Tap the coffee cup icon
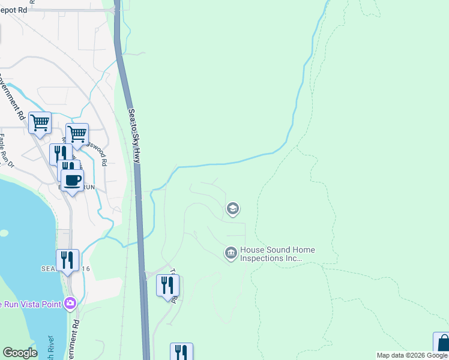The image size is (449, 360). point(72,179)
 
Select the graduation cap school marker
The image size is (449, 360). point(232,209)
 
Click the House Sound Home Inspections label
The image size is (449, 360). point(277,254)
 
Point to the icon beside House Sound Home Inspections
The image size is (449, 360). point(231,254)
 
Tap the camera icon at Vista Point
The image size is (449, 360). point(71,303)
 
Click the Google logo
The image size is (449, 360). point(20,353)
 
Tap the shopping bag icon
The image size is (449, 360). point(442,343)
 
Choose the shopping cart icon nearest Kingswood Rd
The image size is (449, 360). point(77,133)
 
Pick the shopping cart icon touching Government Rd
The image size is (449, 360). point(40,122)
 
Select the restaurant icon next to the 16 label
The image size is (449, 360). point(67,260)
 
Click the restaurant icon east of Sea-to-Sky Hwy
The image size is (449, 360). point(167,285)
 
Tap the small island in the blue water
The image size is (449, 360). point(4,233)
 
